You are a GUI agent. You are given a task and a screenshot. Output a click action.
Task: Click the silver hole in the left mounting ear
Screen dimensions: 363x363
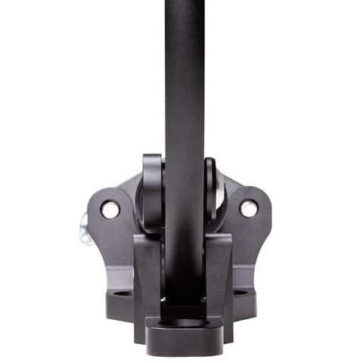(110, 209)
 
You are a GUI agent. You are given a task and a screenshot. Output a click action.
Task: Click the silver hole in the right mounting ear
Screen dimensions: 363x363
(249, 208)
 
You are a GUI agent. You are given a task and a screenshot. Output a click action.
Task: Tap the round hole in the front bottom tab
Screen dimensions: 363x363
(184, 323)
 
